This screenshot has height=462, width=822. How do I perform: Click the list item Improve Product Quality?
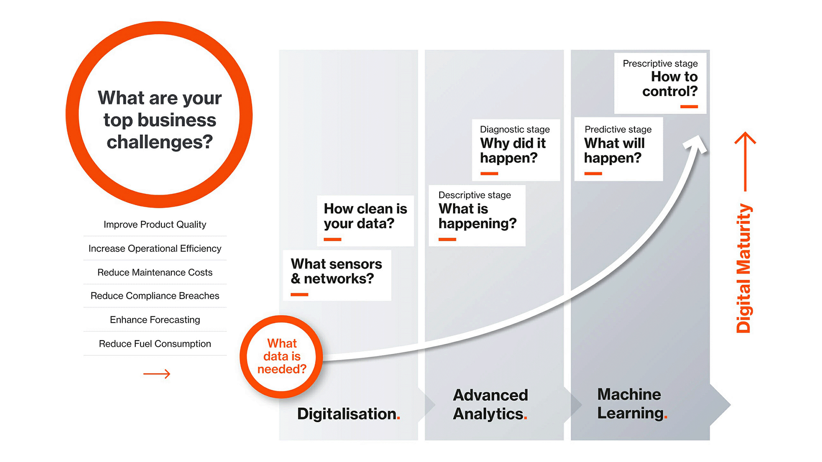tap(155, 225)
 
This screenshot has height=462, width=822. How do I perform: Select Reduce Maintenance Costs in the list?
tap(155, 272)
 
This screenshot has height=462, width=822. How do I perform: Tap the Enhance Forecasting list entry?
tap(155, 320)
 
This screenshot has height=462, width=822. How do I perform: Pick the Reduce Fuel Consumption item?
tap(155, 344)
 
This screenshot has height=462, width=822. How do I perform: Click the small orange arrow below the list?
tap(157, 374)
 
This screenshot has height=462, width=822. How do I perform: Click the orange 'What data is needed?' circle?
tap(281, 356)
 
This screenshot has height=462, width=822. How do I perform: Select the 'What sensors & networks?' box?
tap(337, 272)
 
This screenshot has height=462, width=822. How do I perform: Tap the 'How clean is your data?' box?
tap(365, 216)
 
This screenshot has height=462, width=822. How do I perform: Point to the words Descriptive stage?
tap(474, 195)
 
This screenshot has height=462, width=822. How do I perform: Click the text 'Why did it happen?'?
tap(512, 151)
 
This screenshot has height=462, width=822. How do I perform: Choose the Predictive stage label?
tap(618, 130)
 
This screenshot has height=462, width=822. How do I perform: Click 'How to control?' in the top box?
tap(670, 84)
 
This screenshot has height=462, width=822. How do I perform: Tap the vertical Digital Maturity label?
tap(744, 268)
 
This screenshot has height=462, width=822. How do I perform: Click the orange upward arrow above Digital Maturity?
tap(745, 160)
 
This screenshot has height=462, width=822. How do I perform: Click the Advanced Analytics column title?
tap(490, 404)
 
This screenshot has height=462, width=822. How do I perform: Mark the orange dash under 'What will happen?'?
tap(593, 174)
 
